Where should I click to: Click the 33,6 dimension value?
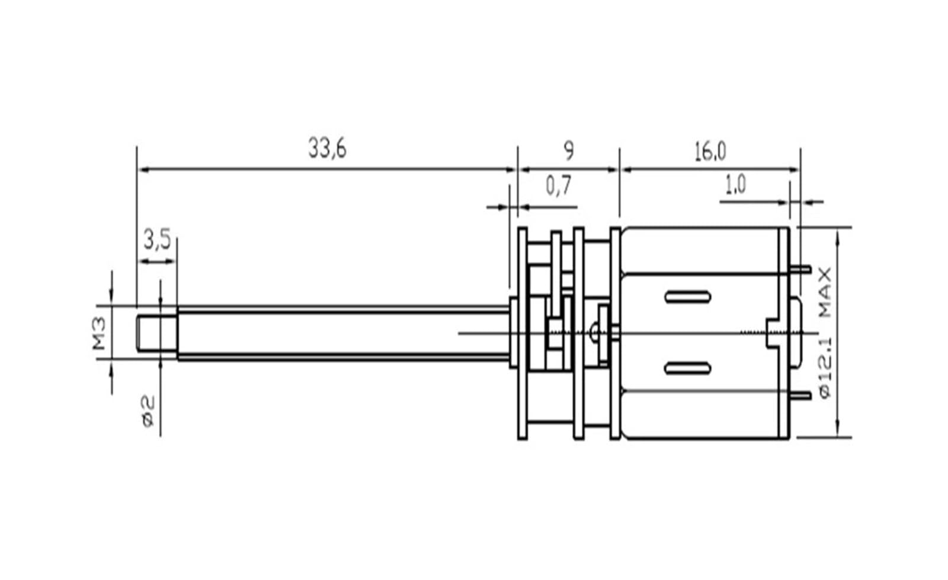(x=327, y=149)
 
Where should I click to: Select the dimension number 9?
(x=569, y=151)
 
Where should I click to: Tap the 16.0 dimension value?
(x=710, y=152)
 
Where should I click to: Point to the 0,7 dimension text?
(x=559, y=185)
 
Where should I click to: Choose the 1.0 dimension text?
(x=735, y=185)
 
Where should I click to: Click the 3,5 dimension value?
(x=157, y=239)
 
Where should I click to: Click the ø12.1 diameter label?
(x=825, y=368)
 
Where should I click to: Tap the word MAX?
(x=825, y=292)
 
